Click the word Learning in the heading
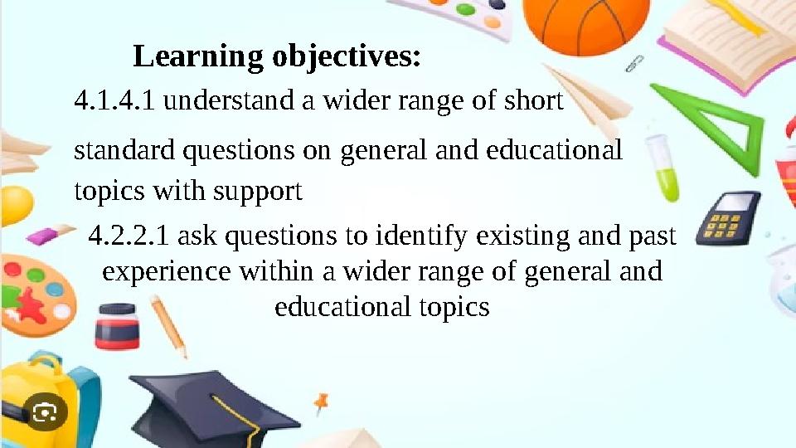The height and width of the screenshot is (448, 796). (x=197, y=57)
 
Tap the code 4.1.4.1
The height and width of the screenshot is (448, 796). (x=114, y=102)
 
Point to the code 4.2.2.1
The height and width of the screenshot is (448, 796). (x=129, y=237)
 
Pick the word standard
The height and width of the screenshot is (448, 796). (x=125, y=151)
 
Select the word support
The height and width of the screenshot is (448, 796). (x=257, y=192)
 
